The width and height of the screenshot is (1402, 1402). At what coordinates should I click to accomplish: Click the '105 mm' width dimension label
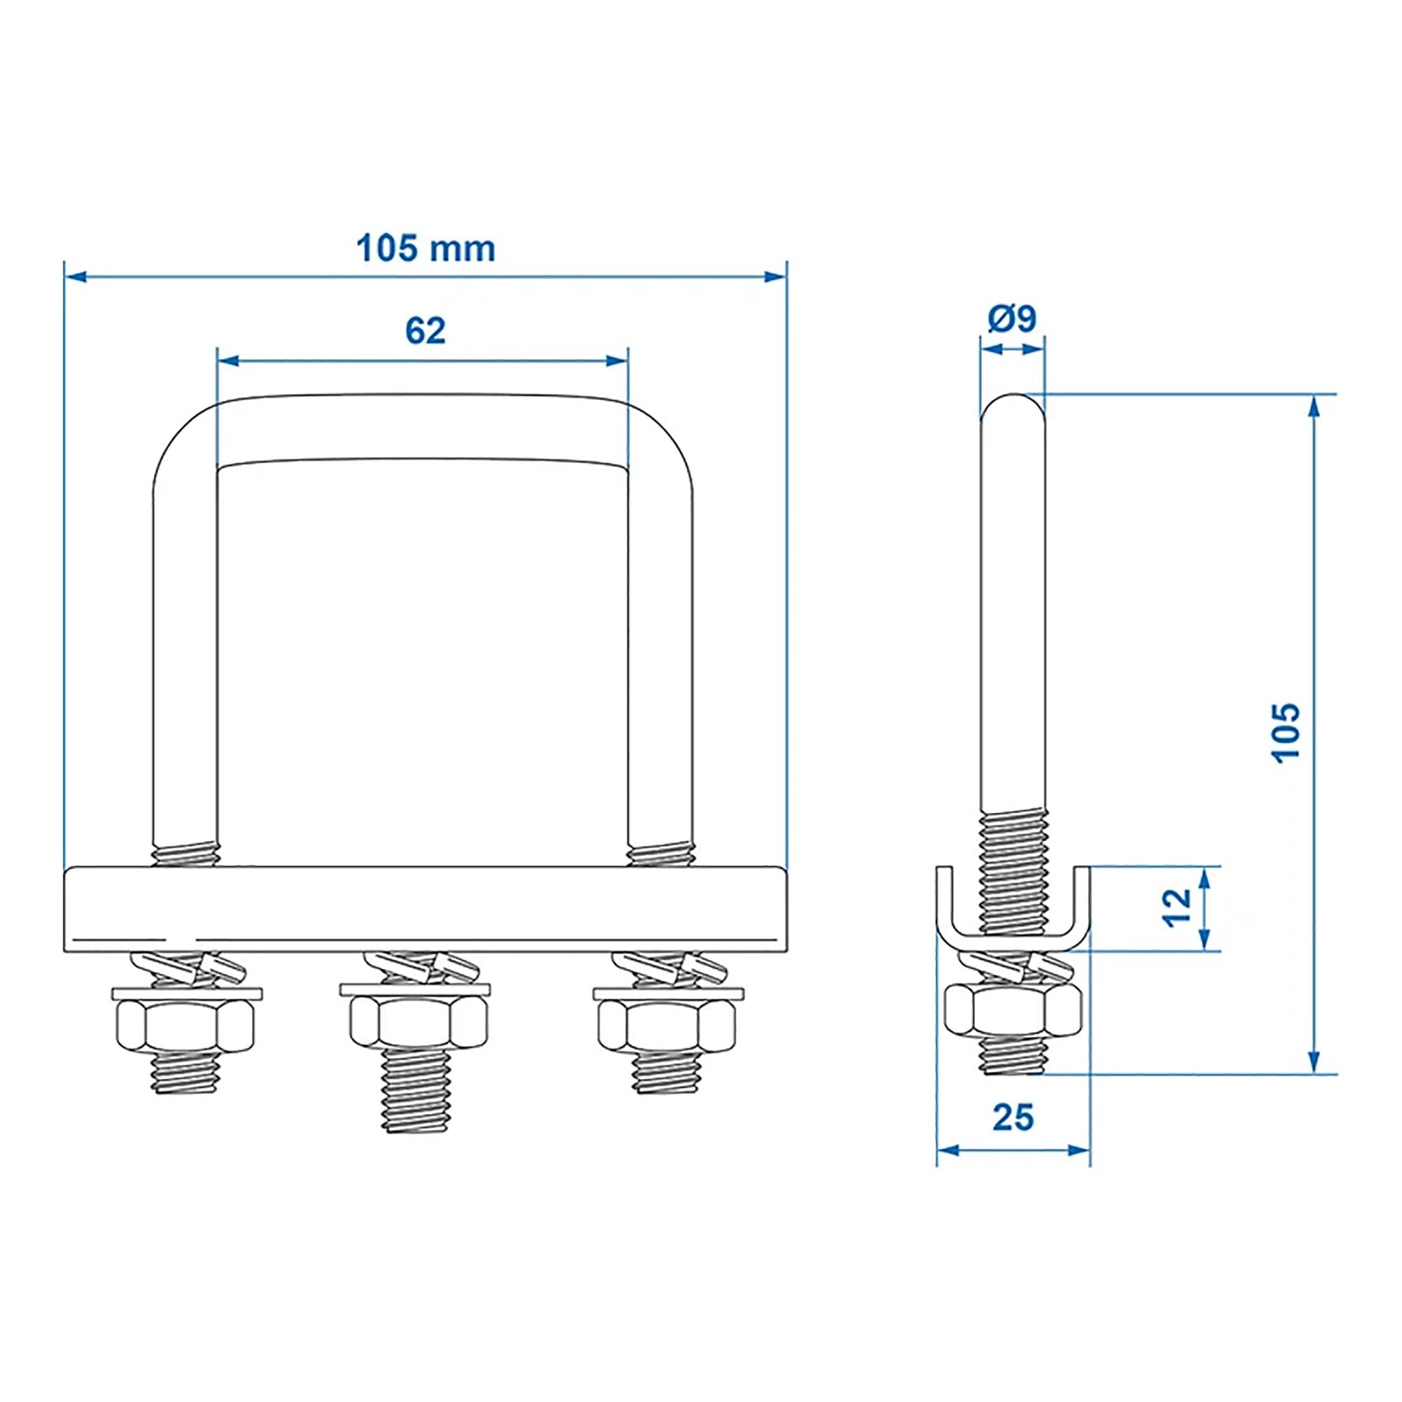click(x=426, y=250)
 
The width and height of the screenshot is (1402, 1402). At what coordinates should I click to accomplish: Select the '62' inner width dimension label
click(x=426, y=332)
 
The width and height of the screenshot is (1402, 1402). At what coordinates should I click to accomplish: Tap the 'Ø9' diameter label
click(x=1012, y=318)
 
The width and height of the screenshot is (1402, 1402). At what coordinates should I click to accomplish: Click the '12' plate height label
click(x=1178, y=908)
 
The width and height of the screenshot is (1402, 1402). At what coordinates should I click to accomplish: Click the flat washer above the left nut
click(x=186, y=992)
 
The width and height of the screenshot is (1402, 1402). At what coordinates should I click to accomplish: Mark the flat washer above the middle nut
click(x=415, y=988)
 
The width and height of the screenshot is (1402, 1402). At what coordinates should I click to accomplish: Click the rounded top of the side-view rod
click(x=1013, y=407)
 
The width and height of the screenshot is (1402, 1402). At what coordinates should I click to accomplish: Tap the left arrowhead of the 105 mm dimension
click(x=76, y=276)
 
